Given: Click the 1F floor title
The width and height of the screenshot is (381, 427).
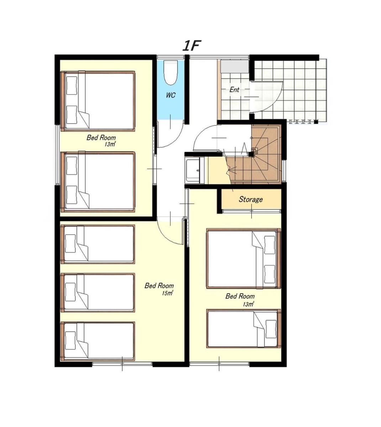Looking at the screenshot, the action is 191,46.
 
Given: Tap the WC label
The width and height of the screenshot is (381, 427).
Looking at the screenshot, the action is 171,95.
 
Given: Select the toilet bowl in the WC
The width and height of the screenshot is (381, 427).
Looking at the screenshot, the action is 171,73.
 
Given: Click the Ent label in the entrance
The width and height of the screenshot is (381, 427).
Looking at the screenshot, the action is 234,90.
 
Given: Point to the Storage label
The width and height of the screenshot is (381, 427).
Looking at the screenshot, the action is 251,199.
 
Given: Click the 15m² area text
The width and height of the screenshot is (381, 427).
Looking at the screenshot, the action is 167,293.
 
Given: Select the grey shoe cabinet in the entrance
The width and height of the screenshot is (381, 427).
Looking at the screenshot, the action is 235,67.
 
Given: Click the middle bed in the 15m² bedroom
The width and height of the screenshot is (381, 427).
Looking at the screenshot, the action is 98,293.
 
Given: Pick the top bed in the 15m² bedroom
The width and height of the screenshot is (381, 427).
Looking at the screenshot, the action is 98,244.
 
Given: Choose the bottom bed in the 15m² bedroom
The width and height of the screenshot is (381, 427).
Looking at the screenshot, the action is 98,342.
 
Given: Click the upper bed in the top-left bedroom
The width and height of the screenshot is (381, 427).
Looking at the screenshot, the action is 98,101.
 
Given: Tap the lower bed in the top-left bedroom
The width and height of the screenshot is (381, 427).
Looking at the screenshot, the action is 98,182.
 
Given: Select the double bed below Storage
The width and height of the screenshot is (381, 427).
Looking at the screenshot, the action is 244,258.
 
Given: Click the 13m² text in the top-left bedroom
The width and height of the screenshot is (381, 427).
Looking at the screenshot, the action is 110,144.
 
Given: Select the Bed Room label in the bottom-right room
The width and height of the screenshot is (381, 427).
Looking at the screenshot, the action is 240,296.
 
